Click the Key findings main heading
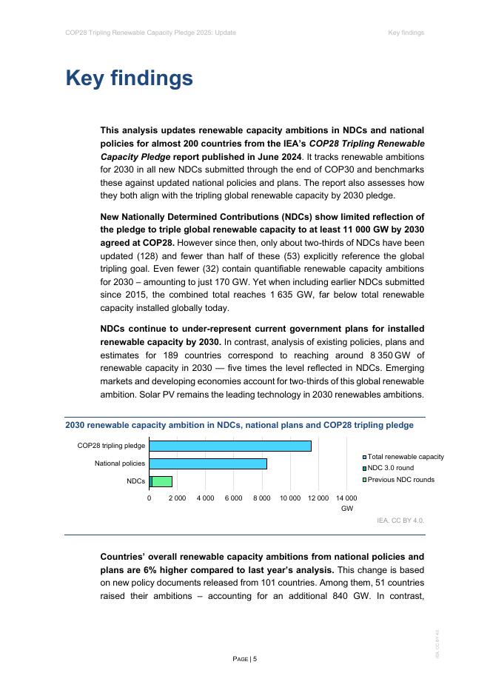[x=130, y=78]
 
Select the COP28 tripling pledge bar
[x=230, y=446]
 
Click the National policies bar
[x=208, y=463]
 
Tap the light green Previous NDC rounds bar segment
[x=162, y=481]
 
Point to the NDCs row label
[x=135, y=481]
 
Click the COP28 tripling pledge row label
[x=111, y=446]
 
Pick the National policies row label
[x=120, y=463]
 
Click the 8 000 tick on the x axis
[x=262, y=498]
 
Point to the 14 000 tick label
[x=346, y=498]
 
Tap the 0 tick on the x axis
[x=149, y=498]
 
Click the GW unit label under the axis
[x=347, y=509]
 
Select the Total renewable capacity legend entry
[x=405, y=457]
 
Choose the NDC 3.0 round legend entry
[x=390, y=468]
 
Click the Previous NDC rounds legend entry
[x=400, y=480]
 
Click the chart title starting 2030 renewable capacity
[x=239, y=425]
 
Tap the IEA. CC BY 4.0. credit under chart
[x=400, y=520]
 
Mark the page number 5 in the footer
[x=255, y=659]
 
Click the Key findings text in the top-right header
[x=406, y=33]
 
